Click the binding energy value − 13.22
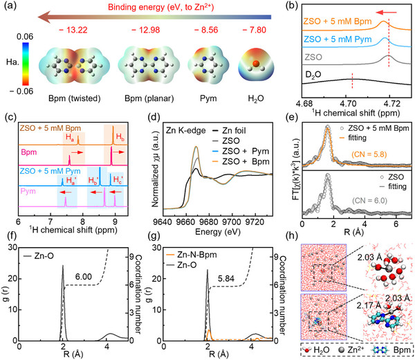[73, 30]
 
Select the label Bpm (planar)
[149, 98]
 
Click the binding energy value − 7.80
[255, 30]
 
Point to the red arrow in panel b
[386, 12]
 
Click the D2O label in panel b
[313, 75]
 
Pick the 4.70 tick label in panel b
[348, 103]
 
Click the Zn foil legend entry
[229, 131]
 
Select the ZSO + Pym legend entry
[241, 151]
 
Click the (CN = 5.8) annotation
[369, 154]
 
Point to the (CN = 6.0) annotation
[369, 201]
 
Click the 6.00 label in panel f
[84, 277]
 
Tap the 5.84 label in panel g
[226, 279]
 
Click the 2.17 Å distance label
[369, 306]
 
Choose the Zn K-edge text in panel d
[185, 131]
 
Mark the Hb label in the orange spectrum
[120, 137]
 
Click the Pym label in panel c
[28, 191]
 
